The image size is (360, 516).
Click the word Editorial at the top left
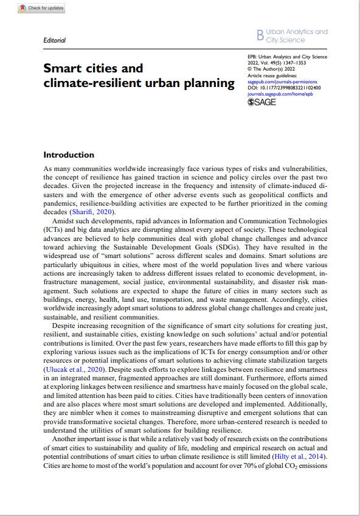[x=55, y=40]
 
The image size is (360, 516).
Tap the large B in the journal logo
[x=261, y=36]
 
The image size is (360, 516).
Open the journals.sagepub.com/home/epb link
[x=280, y=94]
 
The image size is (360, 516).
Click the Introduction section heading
[x=69, y=155]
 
